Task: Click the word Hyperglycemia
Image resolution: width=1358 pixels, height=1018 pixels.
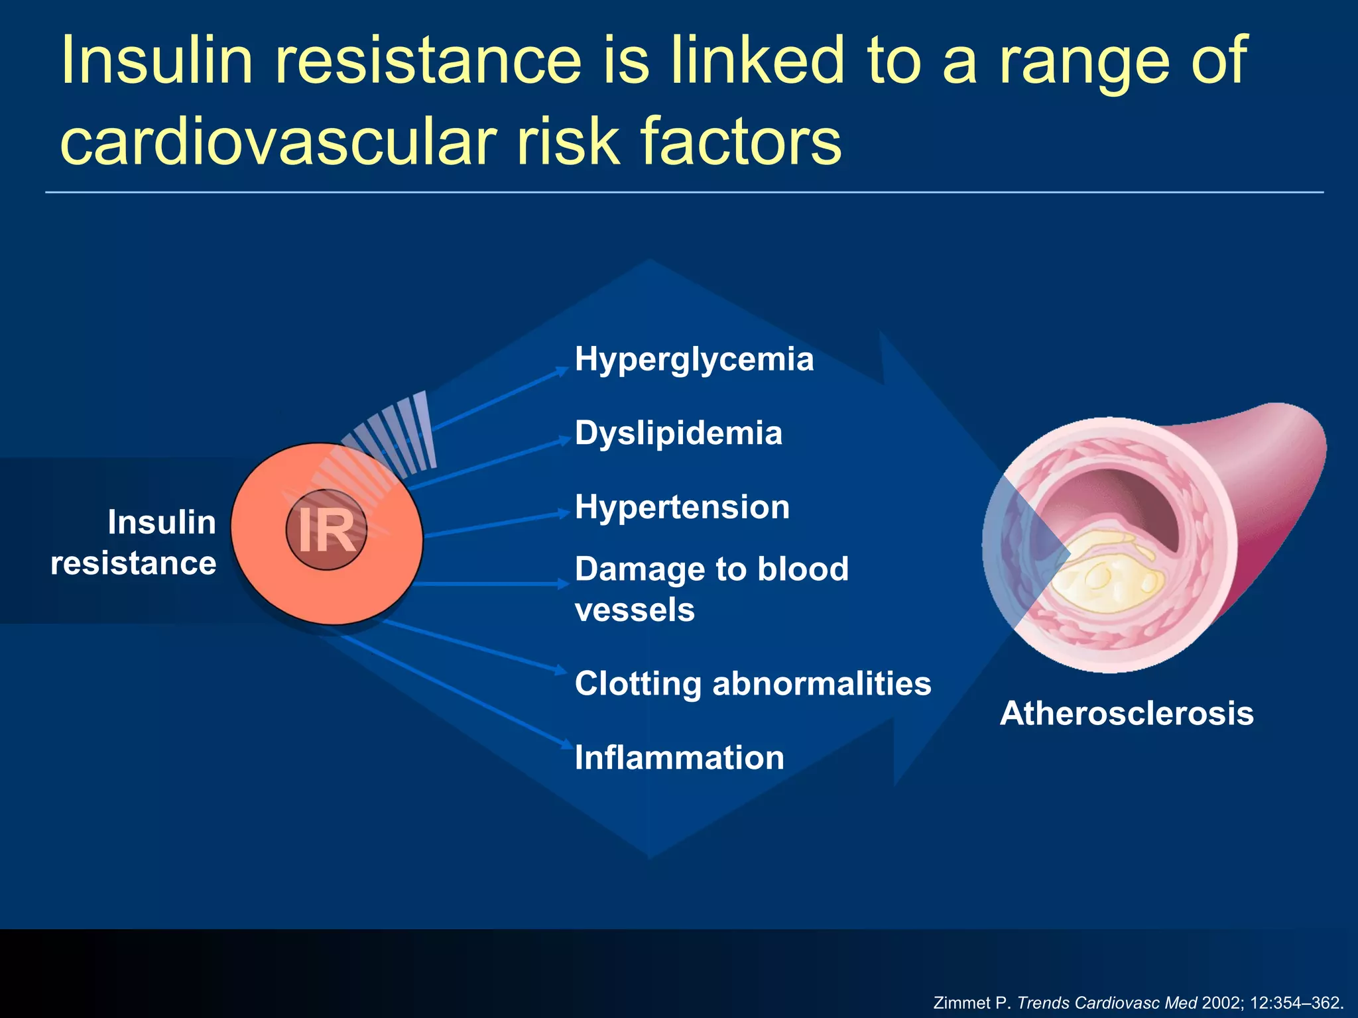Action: point(694,360)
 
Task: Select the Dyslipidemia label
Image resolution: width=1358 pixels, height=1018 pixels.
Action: point(678,433)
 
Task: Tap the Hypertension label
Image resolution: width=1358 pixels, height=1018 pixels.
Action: point(682,508)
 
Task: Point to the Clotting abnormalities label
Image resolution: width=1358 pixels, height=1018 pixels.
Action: point(753,684)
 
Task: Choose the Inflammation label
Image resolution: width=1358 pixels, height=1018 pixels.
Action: point(679,758)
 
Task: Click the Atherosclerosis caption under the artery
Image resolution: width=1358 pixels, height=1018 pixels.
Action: point(1127,714)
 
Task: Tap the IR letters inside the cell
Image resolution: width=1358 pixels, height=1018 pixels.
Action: point(326,530)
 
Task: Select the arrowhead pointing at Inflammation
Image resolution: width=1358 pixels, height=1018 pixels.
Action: point(566,744)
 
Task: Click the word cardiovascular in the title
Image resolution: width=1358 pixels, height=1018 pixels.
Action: point(278,141)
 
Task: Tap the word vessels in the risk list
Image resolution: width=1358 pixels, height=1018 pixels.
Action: point(635,610)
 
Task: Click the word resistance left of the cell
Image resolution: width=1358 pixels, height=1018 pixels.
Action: point(133,564)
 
